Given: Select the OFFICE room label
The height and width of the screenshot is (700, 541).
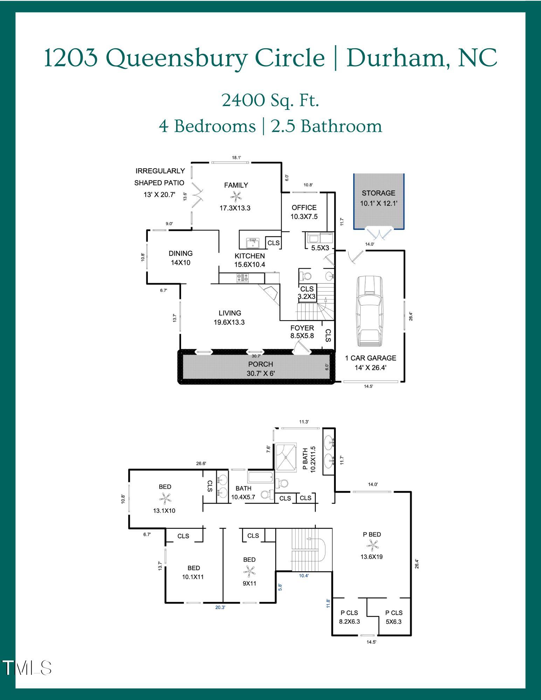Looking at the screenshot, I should click(x=304, y=208).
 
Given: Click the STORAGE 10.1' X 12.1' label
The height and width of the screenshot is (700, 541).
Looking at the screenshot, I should click(x=379, y=198).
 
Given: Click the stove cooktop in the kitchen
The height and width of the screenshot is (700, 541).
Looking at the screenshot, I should click(x=243, y=278).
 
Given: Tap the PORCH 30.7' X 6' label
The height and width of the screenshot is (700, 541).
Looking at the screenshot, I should click(x=261, y=369).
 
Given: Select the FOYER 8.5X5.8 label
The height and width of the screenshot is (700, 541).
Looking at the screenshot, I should click(x=302, y=331).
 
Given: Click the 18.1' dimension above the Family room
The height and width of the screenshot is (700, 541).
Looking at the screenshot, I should click(x=236, y=157).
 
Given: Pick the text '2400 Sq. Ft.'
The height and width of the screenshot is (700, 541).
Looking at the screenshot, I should click(x=270, y=100).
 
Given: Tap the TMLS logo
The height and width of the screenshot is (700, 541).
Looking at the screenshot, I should click(x=27, y=668).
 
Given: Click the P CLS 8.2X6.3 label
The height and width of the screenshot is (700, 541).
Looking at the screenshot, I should click(x=349, y=617).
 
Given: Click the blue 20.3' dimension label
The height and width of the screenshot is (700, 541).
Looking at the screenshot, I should click(x=220, y=608).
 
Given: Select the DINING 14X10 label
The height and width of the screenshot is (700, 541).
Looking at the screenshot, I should click(x=180, y=258).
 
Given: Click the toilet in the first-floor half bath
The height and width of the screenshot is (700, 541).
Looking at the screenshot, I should click(x=305, y=276).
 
